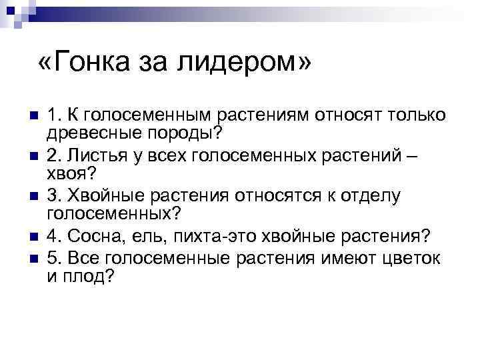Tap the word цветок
(x=410, y=257)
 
